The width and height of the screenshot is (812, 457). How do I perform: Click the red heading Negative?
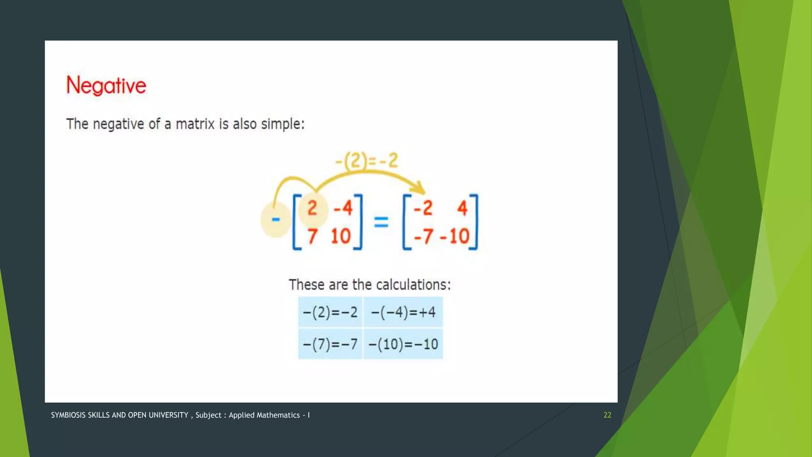tap(106, 85)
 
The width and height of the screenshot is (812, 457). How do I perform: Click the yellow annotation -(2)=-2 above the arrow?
tap(366, 161)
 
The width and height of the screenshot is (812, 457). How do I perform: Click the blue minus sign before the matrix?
tap(276, 219)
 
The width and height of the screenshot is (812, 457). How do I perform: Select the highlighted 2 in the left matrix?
tap(312, 208)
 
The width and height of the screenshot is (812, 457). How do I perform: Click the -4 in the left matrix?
tap(343, 208)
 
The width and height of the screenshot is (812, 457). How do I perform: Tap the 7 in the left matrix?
tap(312, 237)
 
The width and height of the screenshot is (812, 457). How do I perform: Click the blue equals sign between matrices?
tap(381, 222)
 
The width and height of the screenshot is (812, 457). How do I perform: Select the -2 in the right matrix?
tap(423, 208)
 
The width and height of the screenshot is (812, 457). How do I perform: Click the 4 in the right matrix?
tap(462, 208)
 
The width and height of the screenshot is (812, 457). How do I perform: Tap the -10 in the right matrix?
tap(455, 237)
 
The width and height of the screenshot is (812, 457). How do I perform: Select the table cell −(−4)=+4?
tap(403, 312)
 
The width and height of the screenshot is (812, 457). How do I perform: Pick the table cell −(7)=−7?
tap(330, 344)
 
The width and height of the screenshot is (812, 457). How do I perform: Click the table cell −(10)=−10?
tap(403, 344)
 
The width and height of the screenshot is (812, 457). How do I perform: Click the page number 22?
tap(607, 415)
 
